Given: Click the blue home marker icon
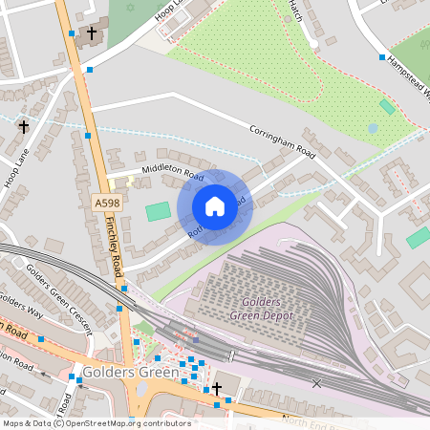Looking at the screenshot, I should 215,206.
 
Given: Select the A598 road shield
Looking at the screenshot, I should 106,204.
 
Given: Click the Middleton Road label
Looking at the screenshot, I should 173,174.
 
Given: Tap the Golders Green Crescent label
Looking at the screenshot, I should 58,297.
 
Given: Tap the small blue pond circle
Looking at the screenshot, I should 373,128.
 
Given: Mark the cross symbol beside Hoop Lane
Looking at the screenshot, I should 23,126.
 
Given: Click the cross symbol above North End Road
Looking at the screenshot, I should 217,388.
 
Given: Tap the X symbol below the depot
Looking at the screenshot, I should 317,382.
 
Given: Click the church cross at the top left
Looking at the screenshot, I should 92,34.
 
